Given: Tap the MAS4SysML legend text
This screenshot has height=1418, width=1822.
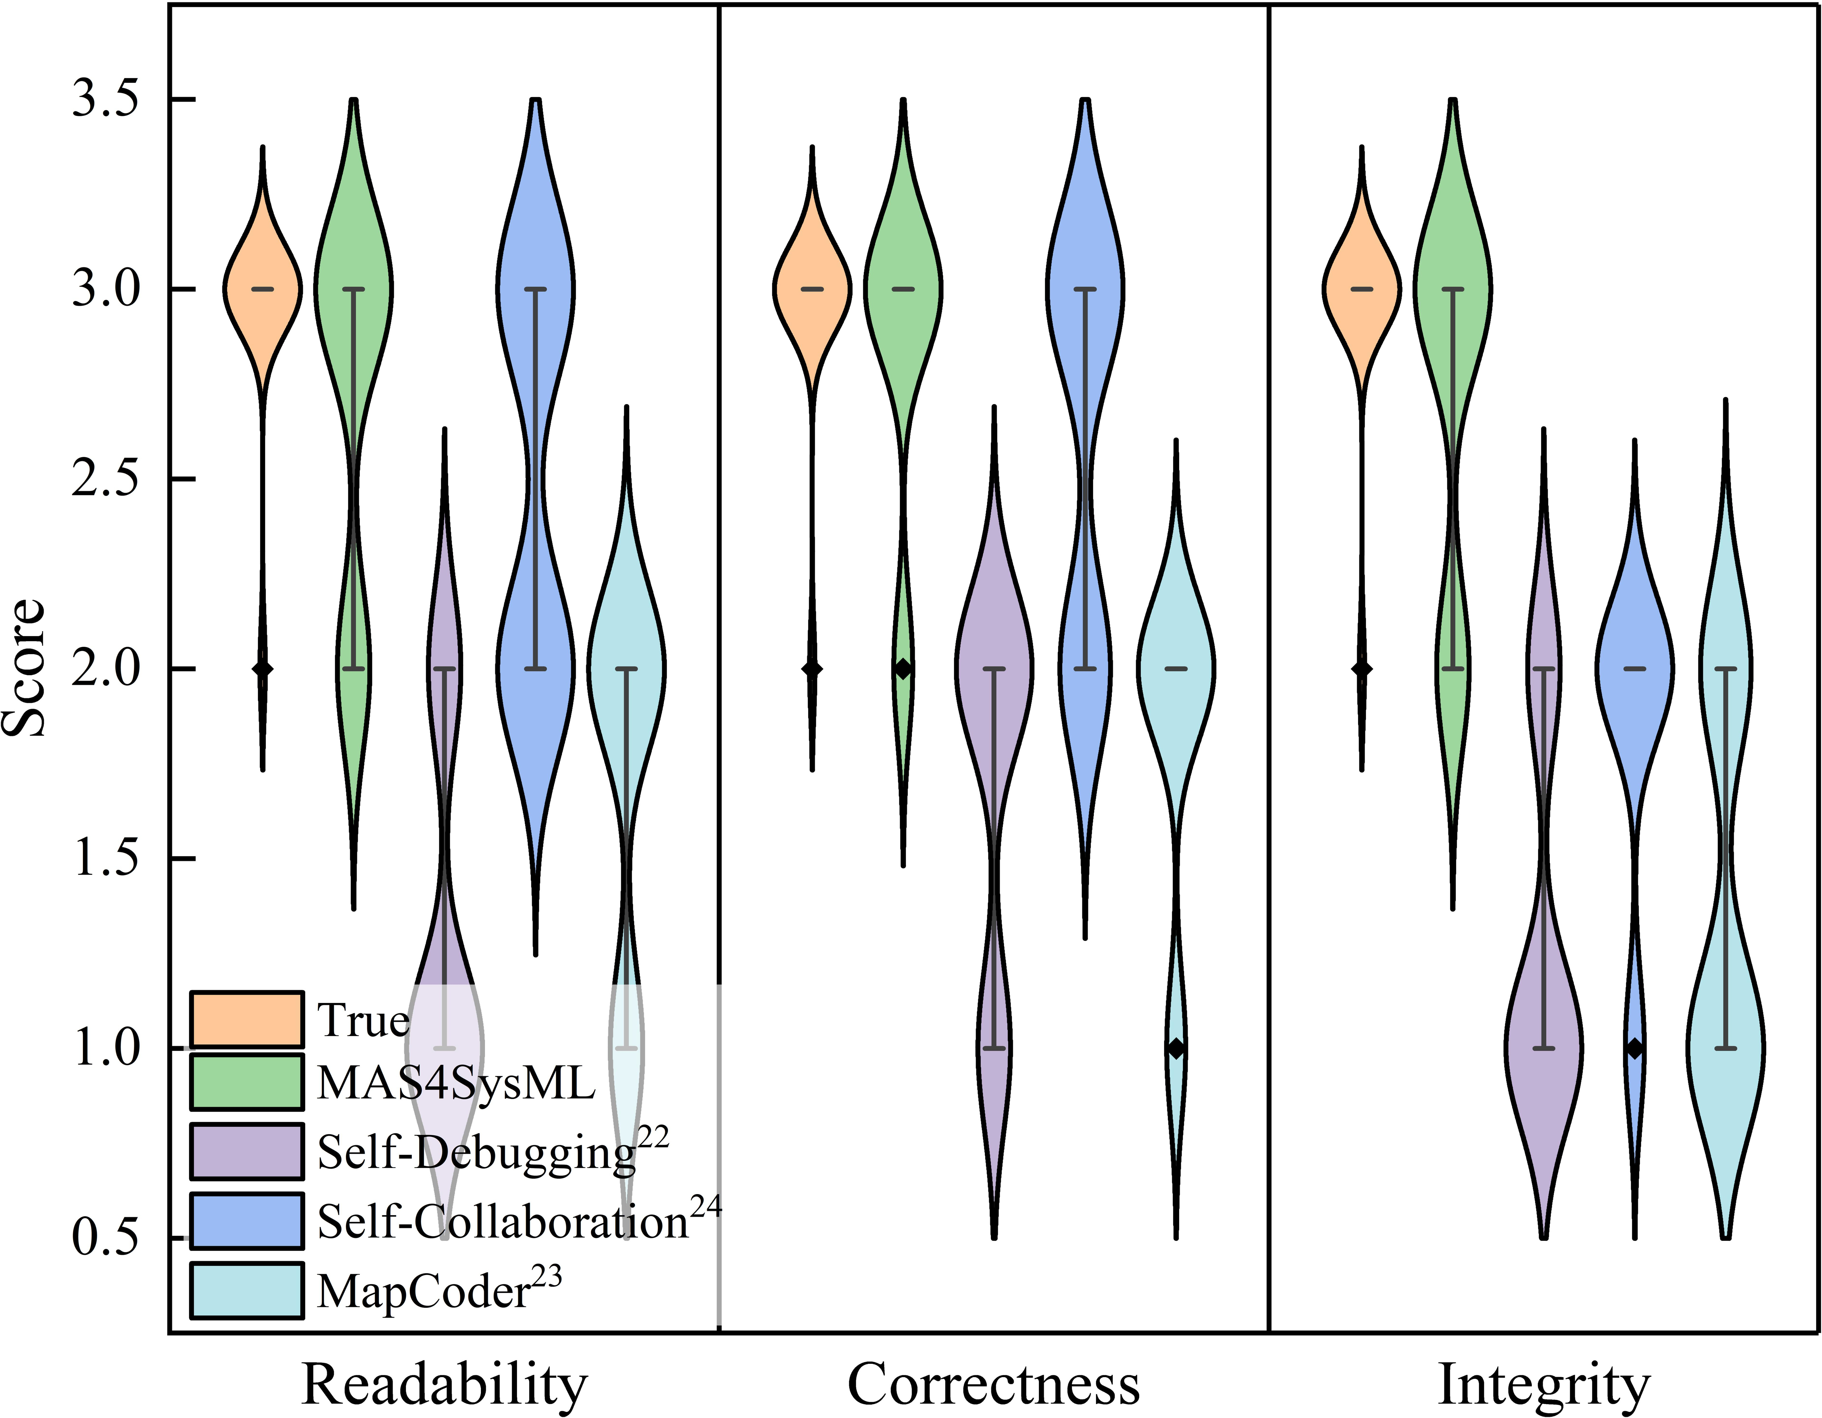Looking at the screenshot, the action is (x=456, y=1083).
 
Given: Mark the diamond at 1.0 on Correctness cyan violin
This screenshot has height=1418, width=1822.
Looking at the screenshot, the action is (x=1176, y=1048).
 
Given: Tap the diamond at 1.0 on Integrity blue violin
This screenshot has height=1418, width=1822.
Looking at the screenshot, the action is (x=1635, y=1048).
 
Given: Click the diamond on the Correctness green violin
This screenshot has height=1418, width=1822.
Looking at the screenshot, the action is (x=903, y=669).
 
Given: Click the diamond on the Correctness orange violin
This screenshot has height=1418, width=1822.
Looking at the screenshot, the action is (x=812, y=669).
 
